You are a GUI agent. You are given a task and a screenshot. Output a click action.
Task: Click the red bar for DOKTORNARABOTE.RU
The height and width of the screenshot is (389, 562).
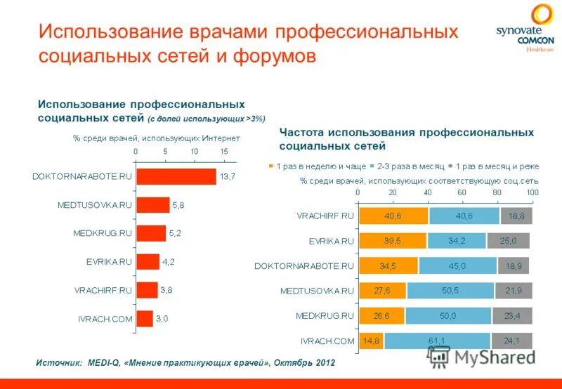(x=176, y=176)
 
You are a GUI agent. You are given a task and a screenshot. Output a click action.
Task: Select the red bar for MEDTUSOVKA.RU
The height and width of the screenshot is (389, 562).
(x=152, y=205)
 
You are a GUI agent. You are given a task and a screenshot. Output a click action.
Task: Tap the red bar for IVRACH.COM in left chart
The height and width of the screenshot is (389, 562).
(x=144, y=319)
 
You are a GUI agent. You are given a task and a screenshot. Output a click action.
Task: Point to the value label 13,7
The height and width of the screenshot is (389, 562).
(x=228, y=176)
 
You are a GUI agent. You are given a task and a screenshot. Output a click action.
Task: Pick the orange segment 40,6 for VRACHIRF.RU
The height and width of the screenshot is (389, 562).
(x=393, y=216)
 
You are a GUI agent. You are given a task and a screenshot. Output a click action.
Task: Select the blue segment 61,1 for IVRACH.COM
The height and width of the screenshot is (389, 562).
(x=436, y=341)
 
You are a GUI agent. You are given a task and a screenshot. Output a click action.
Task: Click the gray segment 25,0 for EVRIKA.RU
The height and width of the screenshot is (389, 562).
(x=508, y=241)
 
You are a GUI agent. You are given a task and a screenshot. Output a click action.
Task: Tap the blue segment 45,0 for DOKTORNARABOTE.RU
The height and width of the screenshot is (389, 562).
(x=457, y=266)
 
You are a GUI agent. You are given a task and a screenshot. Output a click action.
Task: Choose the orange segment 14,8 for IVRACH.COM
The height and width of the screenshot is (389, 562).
(x=371, y=341)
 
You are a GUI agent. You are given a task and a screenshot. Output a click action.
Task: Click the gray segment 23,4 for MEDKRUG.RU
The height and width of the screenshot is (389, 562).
(x=512, y=315)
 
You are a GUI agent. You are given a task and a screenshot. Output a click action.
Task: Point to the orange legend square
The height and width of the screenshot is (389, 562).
(x=271, y=166)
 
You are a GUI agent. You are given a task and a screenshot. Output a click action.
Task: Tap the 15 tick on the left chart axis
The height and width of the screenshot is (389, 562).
(x=223, y=152)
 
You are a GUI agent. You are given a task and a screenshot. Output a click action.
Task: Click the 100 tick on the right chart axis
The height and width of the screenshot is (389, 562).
(x=532, y=192)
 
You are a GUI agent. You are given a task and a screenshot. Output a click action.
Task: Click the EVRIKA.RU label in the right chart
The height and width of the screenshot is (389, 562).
(x=330, y=241)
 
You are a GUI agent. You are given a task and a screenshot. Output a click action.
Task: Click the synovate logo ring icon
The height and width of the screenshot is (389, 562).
(x=542, y=15)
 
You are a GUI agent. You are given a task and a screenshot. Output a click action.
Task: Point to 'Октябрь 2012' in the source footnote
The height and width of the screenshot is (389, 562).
(x=305, y=363)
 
